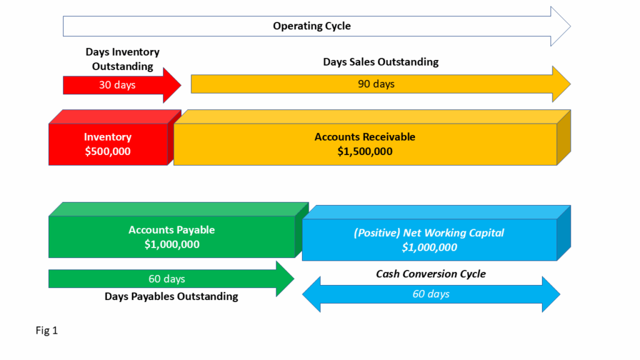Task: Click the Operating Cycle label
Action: (312, 26)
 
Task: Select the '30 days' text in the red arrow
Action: (117, 85)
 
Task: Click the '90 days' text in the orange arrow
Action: (376, 84)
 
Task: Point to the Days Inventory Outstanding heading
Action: (122, 59)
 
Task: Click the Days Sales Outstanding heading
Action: (381, 62)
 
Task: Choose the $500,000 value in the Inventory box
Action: (108, 151)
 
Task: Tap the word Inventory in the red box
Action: (108, 137)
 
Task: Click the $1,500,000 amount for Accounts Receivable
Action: (364, 151)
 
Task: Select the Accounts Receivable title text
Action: (364, 137)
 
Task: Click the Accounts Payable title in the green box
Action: (171, 230)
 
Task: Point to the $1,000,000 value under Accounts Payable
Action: (171, 244)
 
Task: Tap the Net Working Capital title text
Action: (429, 233)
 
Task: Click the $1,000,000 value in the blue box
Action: (429, 247)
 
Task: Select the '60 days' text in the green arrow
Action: (166, 279)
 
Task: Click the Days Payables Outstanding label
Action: (171, 296)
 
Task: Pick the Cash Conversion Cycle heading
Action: (431, 274)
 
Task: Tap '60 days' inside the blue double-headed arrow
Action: (431, 294)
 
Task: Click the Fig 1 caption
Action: (46, 331)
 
